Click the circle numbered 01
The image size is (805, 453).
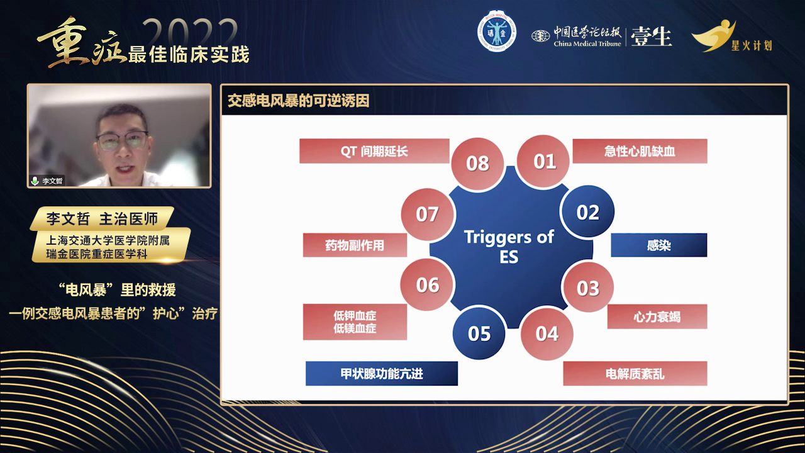[543, 161]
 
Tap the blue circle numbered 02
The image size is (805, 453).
[587, 211]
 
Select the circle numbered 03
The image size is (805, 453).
[588, 288]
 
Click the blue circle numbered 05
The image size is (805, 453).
[479, 333]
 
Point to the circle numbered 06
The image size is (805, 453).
[427, 284]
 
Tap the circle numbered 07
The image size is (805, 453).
[427, 215]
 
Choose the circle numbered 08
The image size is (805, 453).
[477, 164]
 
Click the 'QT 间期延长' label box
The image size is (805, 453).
[374, 151]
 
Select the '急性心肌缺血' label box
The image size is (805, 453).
[640, 151]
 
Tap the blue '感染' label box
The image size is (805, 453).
[658, 245]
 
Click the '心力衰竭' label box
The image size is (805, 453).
[657, 316]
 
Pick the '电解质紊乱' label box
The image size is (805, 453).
[635, 374]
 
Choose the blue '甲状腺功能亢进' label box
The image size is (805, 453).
[382, 374]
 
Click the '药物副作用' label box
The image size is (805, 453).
[355, 245]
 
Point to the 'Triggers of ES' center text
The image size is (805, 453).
[509, 247]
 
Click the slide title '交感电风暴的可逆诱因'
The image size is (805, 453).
[299, 101]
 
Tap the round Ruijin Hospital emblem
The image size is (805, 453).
[497, 31]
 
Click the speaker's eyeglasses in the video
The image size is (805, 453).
[122, 141]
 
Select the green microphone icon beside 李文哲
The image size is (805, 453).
[35, 181]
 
